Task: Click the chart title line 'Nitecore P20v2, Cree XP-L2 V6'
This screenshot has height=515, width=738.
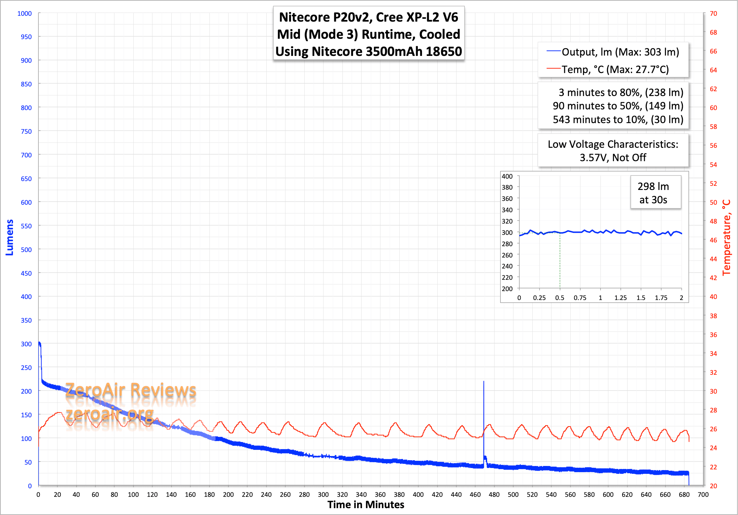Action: (368, 17)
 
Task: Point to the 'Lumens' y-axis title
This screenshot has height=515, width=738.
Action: (10, 237)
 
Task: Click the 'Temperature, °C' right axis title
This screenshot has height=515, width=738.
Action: (726, 237)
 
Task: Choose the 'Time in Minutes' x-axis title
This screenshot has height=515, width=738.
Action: (366, 505)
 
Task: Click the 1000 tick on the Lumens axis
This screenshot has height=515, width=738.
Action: (24, 13)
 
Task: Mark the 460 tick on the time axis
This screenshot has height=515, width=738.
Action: (475, 494)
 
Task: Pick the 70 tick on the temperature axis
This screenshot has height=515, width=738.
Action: (713, 13)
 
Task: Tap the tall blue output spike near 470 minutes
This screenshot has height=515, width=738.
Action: (484, 411)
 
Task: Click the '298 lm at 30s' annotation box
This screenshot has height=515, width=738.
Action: (653, 193)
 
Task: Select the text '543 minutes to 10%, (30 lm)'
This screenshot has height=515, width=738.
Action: (618, 119)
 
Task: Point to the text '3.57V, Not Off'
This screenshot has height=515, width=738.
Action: (613, 158)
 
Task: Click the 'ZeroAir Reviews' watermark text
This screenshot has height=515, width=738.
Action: (131, 390)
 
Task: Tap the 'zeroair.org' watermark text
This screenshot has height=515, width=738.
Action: (110, 414)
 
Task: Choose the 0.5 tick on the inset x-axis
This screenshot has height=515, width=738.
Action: (560, 298)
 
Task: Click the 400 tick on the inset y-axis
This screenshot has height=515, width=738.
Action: (507, 176)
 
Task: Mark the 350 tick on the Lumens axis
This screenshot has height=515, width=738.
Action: (26, 320)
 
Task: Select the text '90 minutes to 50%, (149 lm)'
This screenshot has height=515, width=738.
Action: (618, 106)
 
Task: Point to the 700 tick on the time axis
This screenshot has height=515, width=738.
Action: (703, 494)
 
